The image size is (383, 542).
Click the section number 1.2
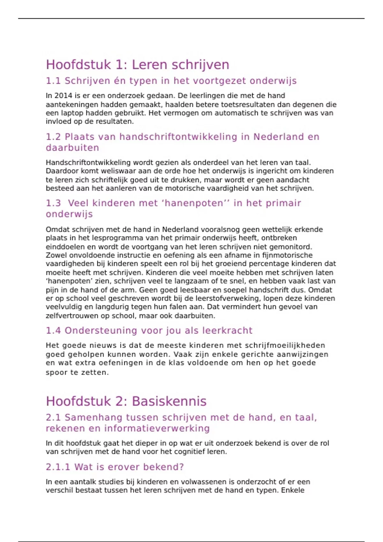click(53, 137)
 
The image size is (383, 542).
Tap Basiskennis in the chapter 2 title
click(169, 401)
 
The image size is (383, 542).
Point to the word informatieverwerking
click(157, 428)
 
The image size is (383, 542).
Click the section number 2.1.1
click(58, 467)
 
